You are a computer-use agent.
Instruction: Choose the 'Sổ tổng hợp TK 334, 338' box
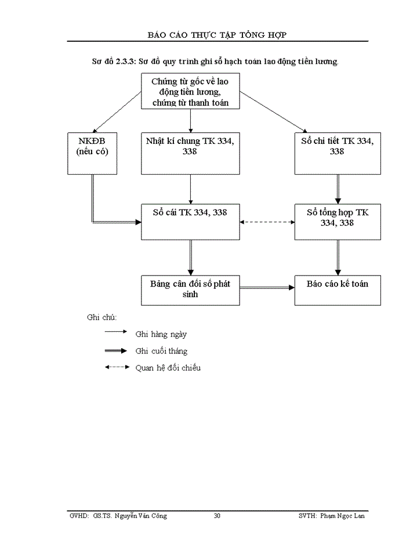(x=338, y=221)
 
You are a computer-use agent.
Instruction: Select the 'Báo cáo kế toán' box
(x=338, y=290)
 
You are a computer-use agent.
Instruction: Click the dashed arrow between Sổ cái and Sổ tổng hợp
(x=267, y=222)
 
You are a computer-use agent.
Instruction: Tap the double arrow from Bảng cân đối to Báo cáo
(x=267, y=287)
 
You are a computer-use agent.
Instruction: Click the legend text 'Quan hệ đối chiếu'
(x=168, y=368)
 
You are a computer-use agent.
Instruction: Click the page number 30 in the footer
(x=217, y=516)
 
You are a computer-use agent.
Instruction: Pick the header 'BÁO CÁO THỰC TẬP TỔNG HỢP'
(x=217, y=35)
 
